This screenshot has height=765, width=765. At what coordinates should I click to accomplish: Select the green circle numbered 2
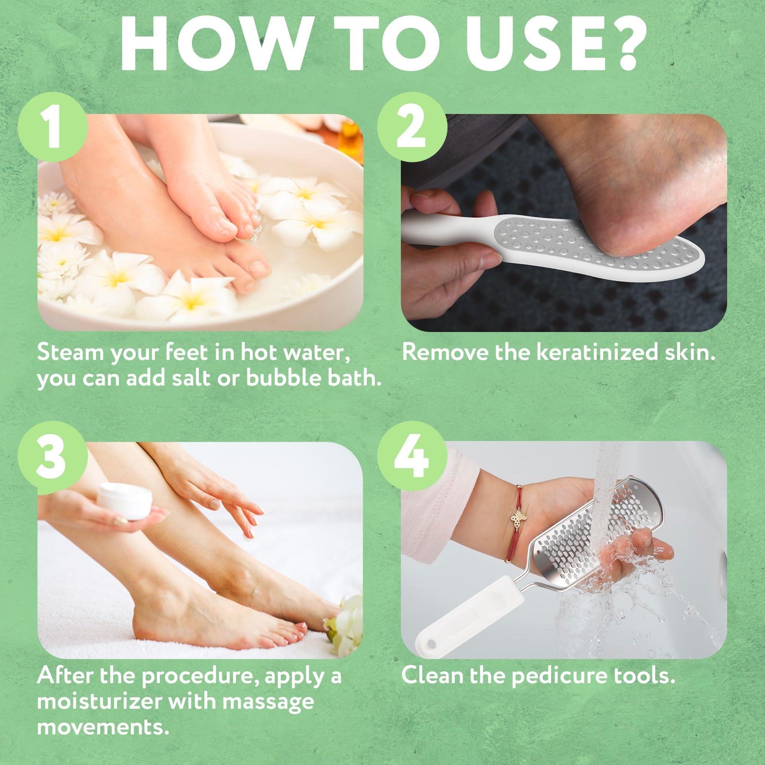(x=412, y=126)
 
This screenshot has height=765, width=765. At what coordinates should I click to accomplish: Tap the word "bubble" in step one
(x=281, y=378)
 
